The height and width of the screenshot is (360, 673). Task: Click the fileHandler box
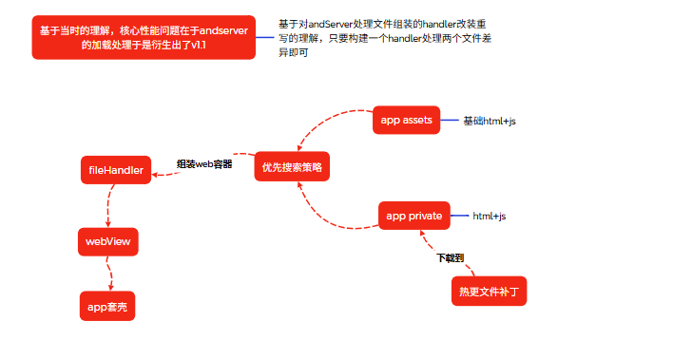point(116,170)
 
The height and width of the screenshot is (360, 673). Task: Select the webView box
point(108,241)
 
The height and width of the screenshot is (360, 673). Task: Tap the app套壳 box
point(107,306)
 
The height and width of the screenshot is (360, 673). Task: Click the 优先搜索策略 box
point(292,166)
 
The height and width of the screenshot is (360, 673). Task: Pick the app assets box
point(406,120)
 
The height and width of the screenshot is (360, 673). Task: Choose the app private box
point(414,216)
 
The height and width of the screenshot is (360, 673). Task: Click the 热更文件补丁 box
point(489,292)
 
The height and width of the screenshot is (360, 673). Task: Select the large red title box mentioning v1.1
point(144,37)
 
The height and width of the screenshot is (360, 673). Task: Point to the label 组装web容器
point(204,164)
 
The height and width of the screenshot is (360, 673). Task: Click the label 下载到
point(451,257)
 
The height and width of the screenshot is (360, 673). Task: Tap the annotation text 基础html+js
point(490,122)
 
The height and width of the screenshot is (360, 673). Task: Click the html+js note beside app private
point(490,217)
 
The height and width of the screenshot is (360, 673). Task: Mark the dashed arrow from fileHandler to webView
point(108,206)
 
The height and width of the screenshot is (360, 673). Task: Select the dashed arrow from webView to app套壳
point(109,274)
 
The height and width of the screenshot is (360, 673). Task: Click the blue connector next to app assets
point(450,120)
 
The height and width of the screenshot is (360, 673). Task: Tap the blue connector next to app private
point(459,216)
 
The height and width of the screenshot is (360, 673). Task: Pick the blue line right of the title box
point(265,37)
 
